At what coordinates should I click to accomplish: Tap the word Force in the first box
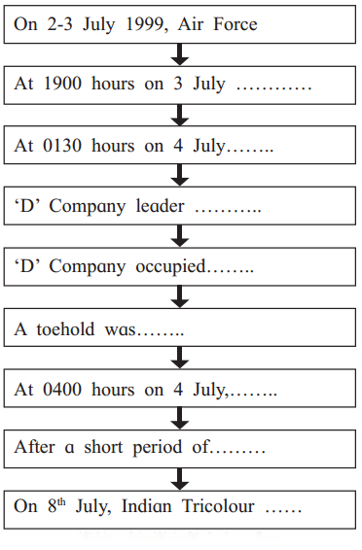235,24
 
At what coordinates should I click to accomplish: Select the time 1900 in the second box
62,84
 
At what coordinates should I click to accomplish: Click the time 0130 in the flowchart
62,145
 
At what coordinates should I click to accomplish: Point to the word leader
160,206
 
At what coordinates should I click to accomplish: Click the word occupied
170,266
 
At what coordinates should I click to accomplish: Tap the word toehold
65,329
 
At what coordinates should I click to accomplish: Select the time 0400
62,390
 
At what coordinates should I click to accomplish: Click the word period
158,448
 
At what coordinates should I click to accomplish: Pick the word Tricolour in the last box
218,506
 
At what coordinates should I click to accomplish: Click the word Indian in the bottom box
146,506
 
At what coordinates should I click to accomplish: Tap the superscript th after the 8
61,502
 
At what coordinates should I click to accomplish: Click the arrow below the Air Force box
180,54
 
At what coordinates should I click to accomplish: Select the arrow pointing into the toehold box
180,296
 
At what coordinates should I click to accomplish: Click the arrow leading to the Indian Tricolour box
180,479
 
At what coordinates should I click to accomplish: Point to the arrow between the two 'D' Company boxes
180,236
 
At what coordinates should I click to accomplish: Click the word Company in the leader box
87,207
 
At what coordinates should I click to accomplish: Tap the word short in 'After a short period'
103,447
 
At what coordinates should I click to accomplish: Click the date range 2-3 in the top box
59,24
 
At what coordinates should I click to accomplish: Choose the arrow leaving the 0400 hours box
180,419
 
